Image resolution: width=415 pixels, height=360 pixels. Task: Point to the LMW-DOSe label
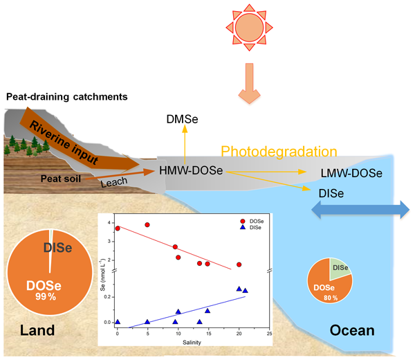353,174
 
